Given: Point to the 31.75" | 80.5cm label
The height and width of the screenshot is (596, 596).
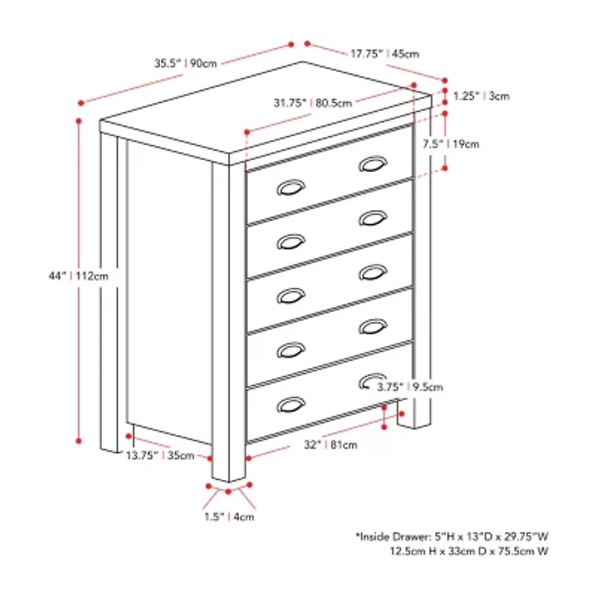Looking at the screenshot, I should click(312, 104).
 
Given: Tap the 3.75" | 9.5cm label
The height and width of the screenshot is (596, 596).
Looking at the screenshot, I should click(410, 387).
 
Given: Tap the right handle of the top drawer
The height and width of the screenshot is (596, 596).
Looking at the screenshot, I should click(372, 165).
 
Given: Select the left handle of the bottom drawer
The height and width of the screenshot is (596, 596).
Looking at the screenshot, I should click(290, 405).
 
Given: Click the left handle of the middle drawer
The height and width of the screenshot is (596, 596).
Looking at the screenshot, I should click(290, 297).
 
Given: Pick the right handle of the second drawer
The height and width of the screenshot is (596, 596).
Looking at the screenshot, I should click(372, 219).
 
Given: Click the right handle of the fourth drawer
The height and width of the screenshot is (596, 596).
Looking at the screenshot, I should click(372, 326).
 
